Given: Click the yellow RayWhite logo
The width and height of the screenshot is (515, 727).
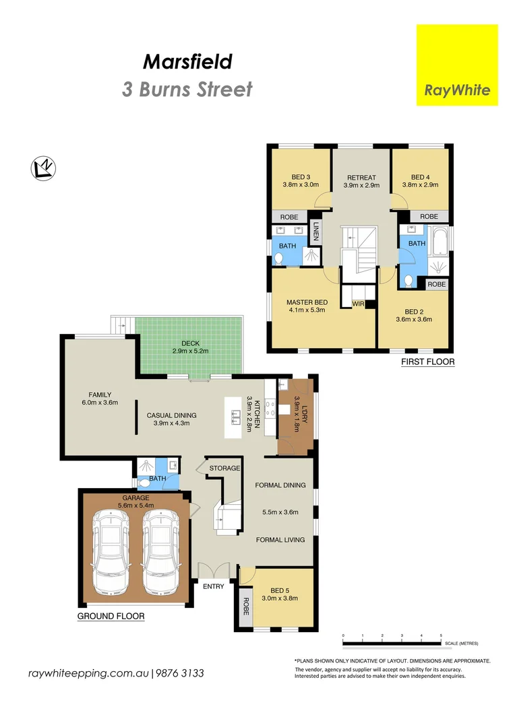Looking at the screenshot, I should click(x=457, y=65).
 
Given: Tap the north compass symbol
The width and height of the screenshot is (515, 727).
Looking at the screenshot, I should click(x=43, y=168).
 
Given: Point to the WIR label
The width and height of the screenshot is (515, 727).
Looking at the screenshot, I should click(x=358, y=304).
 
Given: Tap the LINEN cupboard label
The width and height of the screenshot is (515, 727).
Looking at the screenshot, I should click(x=315, y=232).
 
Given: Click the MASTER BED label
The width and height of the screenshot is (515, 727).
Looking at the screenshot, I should click(x=307, y=302).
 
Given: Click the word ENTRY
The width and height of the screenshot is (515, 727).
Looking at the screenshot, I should click(x=214, y=586).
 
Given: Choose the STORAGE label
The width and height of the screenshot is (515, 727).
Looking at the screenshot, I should click(x=224, y=467).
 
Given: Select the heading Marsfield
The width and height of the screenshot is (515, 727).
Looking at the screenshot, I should click(x=187, y=62).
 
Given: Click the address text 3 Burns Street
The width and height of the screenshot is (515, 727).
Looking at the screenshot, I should click(x=187, y=89).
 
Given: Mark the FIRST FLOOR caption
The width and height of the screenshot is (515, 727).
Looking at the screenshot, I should click(x=427, y=361).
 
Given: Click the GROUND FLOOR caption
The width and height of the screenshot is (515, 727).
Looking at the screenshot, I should click(x=111, y=616).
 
